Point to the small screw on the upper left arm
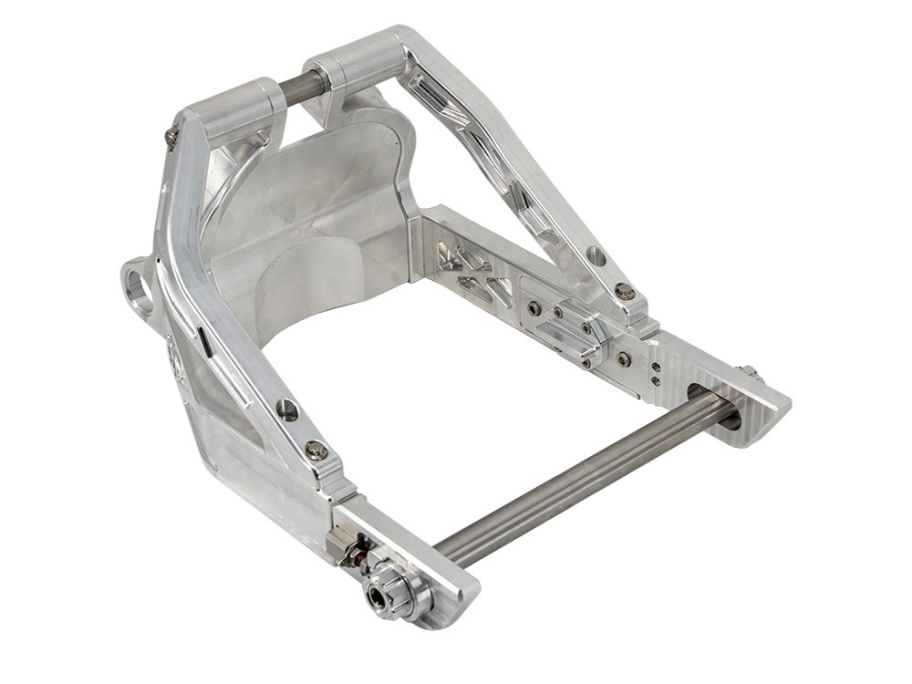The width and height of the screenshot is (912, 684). pyautogui.click(x=172, y=137)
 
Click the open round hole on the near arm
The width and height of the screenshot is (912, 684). pyautogui.click(x=287, y=409)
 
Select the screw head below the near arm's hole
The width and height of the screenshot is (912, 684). pyautogui.click(x=316, y=449)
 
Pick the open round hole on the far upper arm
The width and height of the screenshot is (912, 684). pyautogui.click(x=596, y=258)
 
